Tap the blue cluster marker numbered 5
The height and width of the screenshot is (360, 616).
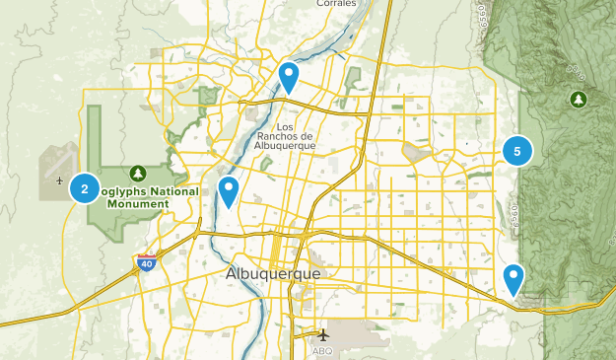(517, 151)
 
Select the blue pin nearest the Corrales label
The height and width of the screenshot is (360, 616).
(288, 75)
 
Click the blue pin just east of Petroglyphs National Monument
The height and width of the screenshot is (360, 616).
(229, 189)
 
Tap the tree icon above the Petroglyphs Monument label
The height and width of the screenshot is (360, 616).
(137, 173)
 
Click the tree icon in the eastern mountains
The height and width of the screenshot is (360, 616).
(577, 99)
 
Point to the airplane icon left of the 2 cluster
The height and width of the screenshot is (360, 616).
(61, 180)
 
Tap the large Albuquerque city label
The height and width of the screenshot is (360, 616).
(273, 273)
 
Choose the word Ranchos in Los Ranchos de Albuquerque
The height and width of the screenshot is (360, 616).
(285, 136)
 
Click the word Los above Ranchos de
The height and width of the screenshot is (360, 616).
(286, 126)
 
